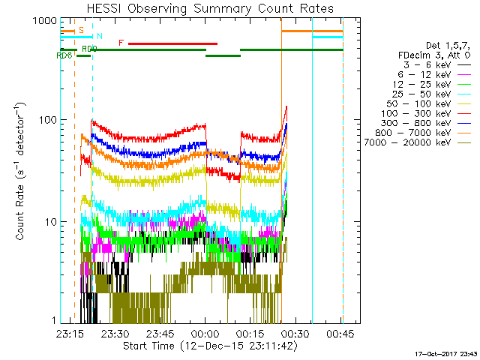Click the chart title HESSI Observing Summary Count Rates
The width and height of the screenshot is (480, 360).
(210, 8)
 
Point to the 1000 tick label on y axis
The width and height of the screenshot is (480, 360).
(45, 21)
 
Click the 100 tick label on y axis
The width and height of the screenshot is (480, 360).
(48, 119)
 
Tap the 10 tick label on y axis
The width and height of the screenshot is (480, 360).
(51, 222)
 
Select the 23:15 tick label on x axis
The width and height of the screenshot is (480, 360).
(70, 333)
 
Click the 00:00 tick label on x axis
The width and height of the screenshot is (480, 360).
(205, 333)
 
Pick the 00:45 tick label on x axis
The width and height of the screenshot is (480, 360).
(340, 333)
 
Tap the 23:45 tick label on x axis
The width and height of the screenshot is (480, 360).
(160, 333)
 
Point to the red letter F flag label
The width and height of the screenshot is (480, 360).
(121, 43)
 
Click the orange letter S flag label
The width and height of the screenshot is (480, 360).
(81, 30)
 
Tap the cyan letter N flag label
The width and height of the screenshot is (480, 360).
(100, 36)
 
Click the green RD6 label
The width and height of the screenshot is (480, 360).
(64, 55)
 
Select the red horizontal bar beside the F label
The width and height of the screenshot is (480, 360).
(172, 43)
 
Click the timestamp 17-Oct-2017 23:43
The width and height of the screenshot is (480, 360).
(446, 354)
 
